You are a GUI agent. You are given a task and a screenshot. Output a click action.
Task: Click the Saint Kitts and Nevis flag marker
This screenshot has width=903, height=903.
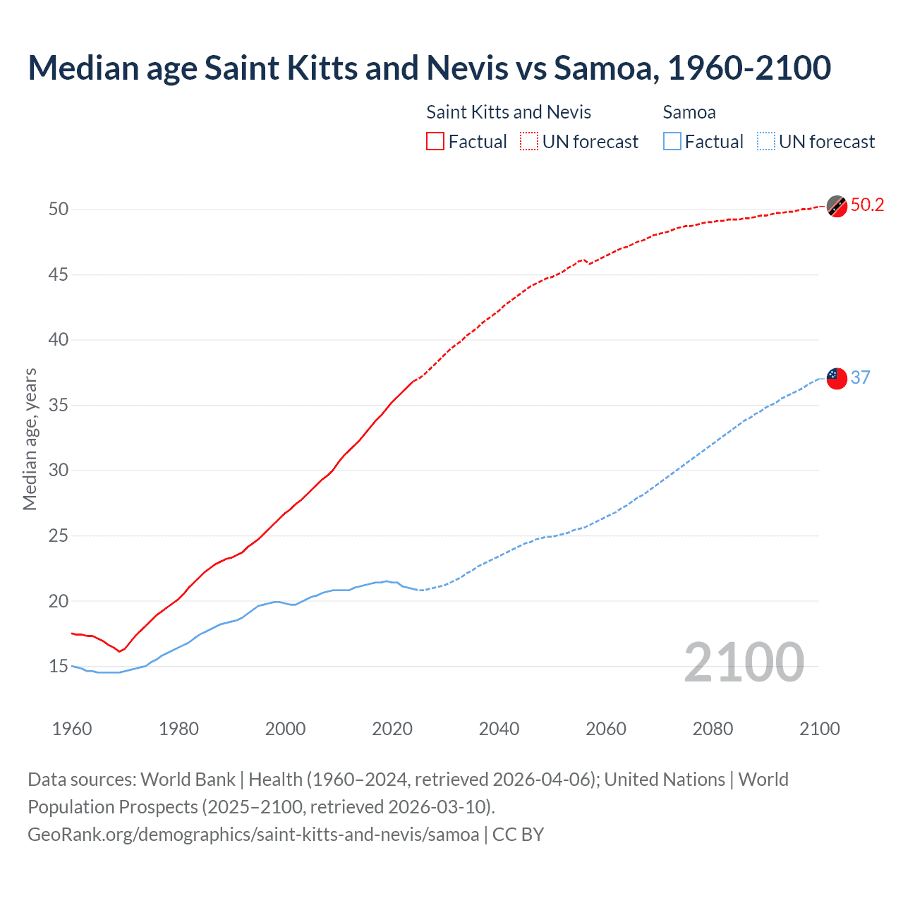[x=837, y=206]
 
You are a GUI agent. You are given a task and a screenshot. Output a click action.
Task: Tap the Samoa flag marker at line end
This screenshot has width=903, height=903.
[x=837, y=378]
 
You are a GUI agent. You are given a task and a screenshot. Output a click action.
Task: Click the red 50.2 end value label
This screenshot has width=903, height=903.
[x=867, y=205]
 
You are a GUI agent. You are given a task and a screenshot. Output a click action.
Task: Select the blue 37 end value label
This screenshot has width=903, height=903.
[x=860, y=377]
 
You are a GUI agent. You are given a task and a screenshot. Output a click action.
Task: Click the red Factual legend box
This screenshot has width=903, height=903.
[x=435, y=142]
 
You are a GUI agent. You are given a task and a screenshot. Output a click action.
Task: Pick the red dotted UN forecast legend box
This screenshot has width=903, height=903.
[x=529, y=142]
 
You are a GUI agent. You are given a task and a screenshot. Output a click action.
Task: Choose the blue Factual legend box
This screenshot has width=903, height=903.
[x=672, y=142]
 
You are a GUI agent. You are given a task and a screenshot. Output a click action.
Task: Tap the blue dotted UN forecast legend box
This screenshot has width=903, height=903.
[x=765, y=142]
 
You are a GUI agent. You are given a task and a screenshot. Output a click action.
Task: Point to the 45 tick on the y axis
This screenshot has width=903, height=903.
[x=59, y=274]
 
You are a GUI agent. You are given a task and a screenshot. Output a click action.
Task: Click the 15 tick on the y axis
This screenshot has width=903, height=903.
[x=59, y=667]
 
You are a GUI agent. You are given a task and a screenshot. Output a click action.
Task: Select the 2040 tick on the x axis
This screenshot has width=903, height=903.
[x=499, y=729]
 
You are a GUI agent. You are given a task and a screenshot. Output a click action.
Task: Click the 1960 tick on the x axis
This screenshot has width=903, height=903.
[x=72, y=729]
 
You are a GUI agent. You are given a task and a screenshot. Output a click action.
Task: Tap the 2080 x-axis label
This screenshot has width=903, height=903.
[x=713, y=729]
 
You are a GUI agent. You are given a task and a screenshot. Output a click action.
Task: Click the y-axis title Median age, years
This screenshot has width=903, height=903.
[x=30, y=439]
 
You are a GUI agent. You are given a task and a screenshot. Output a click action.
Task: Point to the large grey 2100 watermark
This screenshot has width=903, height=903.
[x=744, y=662]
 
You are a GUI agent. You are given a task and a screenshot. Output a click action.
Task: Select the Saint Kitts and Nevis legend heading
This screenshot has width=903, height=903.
[x=509, y=112]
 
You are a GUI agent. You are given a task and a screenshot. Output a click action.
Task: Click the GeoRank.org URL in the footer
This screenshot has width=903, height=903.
[x=253, y=835]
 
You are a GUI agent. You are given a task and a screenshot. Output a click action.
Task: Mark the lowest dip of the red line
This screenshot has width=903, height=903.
[x=119, y=651]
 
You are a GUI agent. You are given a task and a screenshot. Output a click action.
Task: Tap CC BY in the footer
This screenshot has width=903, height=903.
[x=518, y=835]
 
